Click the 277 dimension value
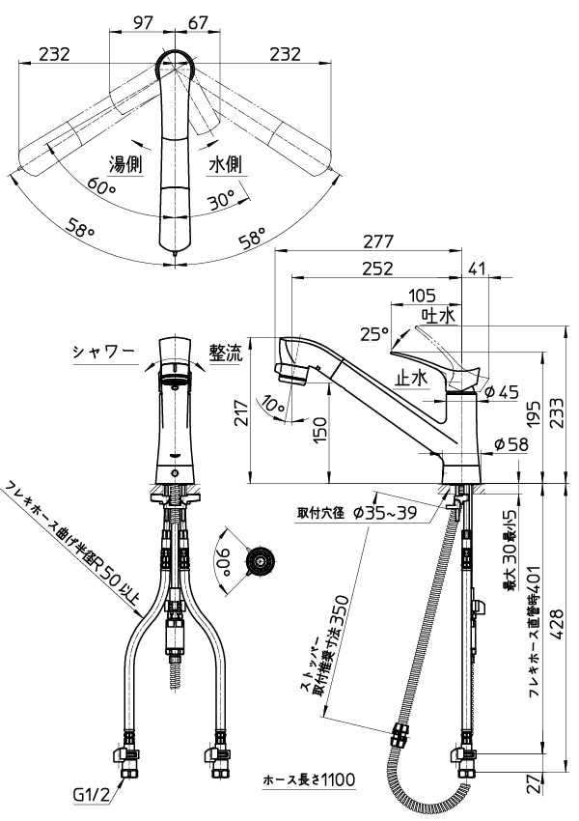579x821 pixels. click(x=378, y=241)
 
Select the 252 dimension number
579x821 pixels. click(x=377, y=268)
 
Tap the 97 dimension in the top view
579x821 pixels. click(x=143, y=22)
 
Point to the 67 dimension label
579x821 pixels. click(x=198, y=22)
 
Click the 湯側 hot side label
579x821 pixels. click(x=125, y=165)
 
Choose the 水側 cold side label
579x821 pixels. click(x=225, y=165)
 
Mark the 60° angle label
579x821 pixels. click(x=101, y=185)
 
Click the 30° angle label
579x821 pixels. click(x=220, y=200)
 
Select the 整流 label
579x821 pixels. click(x=227, y=354)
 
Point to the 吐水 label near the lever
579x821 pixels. click(x=438, y=315)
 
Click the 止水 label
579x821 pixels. click(x=411, y=377)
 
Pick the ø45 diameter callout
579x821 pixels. click(x=501, y=391)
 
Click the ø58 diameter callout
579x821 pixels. click(x=511, y=444)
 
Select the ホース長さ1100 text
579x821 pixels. click(x=309, y=780)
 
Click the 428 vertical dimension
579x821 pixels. click(x=558, y=624)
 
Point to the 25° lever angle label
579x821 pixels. click(x=374, y=333)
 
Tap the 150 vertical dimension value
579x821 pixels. click(x=319, y=430)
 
